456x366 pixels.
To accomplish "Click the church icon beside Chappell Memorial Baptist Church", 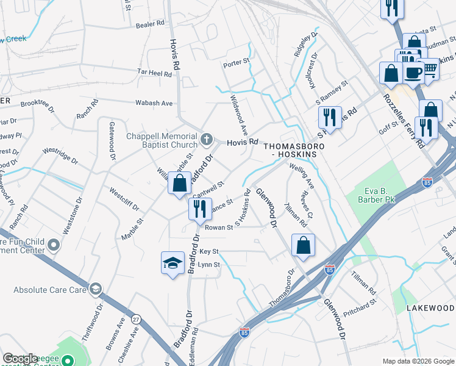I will (207, 140).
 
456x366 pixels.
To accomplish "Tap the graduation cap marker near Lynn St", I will (173, 263).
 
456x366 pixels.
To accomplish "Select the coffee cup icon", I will (414, 72).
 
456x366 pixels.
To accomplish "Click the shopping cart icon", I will (430, 70).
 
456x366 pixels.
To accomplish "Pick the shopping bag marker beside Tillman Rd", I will (303, 245).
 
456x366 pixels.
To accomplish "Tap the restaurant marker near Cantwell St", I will (199, 209).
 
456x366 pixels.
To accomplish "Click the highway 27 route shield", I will (136, 319).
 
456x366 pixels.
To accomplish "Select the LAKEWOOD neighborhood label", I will (430, 309).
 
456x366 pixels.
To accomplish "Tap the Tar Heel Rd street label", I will (154, 73).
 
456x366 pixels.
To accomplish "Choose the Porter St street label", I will (237, 62).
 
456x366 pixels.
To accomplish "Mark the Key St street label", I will (208, 251).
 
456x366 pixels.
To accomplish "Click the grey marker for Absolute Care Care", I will (95, 289).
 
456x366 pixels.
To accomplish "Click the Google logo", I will (21, 358).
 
